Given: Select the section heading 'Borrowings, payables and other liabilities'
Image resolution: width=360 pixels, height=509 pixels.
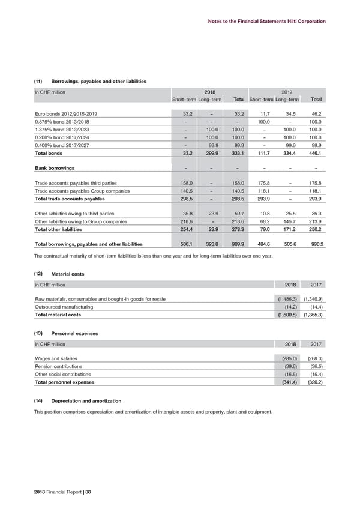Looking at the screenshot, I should (99, 81).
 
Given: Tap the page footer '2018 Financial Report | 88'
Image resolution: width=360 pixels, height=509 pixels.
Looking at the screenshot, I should (63, 492).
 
